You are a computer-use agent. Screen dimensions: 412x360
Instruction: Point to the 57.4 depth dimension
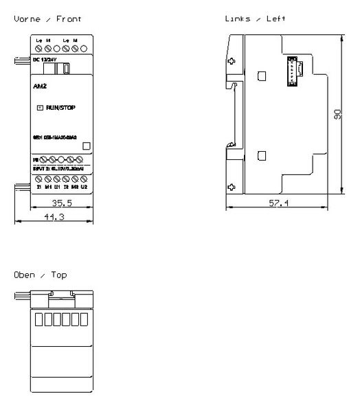point(278,203)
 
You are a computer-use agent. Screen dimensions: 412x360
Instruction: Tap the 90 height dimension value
point(337,116)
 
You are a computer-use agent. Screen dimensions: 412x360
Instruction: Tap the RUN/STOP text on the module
point(61,108)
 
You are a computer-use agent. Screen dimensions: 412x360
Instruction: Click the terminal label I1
point(40,186)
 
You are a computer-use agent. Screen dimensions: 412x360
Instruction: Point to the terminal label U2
point(84,186)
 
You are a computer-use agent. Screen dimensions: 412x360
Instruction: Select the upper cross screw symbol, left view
point(232,62)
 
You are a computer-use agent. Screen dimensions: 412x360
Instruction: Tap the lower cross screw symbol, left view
point(232,186)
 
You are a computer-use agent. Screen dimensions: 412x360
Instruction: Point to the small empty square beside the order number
point(86,146)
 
